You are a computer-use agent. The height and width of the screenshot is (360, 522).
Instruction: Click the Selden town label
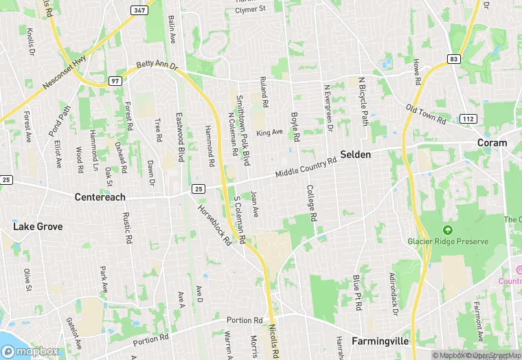pyautogui.click(x=355, y=155)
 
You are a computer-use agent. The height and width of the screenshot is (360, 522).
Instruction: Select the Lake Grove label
pyautogui.click(x=38, y=226)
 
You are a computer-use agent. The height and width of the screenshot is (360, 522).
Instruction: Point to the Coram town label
pyautogui.click(x=492, y=143)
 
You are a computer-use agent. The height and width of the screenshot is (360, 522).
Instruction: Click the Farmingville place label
pyautogui.click(x=380, y=341)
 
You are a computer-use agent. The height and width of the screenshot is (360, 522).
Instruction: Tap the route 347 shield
pyautogui.click(x=139, y=10)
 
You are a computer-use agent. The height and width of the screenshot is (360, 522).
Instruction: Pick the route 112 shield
pyautogui.click(x=468, y=119)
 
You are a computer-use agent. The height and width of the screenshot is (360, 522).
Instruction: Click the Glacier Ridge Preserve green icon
pyautogui.click(x=448, y=229)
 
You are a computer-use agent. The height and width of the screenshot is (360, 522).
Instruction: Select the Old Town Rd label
pyautogui.click(x=426, y=115)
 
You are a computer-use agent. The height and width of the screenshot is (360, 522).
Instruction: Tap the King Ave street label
pyautogui.click(x=269, y=132)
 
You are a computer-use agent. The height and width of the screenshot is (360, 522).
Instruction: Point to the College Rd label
pyautogui.click(x=311, y=203)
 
